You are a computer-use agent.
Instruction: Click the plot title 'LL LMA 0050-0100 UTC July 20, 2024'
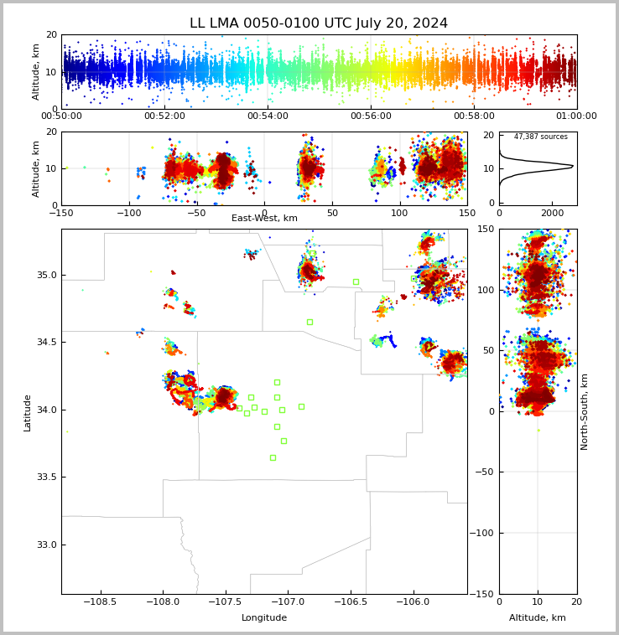point(319,23)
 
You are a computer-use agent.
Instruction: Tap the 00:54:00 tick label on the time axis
point(268,116)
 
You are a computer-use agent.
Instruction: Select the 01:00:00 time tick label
point(576,116)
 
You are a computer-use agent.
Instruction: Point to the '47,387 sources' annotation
point(541,137)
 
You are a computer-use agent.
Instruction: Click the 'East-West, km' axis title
point(264,218)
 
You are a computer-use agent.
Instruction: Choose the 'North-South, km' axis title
point(584,411)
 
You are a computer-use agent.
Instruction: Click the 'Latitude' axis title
point(27,413)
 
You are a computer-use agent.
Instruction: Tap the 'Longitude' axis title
point(264,617)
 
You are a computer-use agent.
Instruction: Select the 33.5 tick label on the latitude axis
point(47,477)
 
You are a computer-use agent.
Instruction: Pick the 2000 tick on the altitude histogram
point(553,213)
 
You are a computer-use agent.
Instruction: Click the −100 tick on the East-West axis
point(129,213)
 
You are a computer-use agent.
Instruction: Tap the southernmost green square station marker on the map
point(273,457)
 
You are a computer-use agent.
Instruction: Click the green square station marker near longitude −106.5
point(356,281)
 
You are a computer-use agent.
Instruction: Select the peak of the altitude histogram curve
point(573,166)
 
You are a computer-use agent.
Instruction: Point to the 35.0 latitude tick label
point(47,275)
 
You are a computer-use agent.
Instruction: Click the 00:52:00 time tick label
point(164,116)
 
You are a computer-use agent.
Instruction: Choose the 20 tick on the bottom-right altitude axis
point(576,601)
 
